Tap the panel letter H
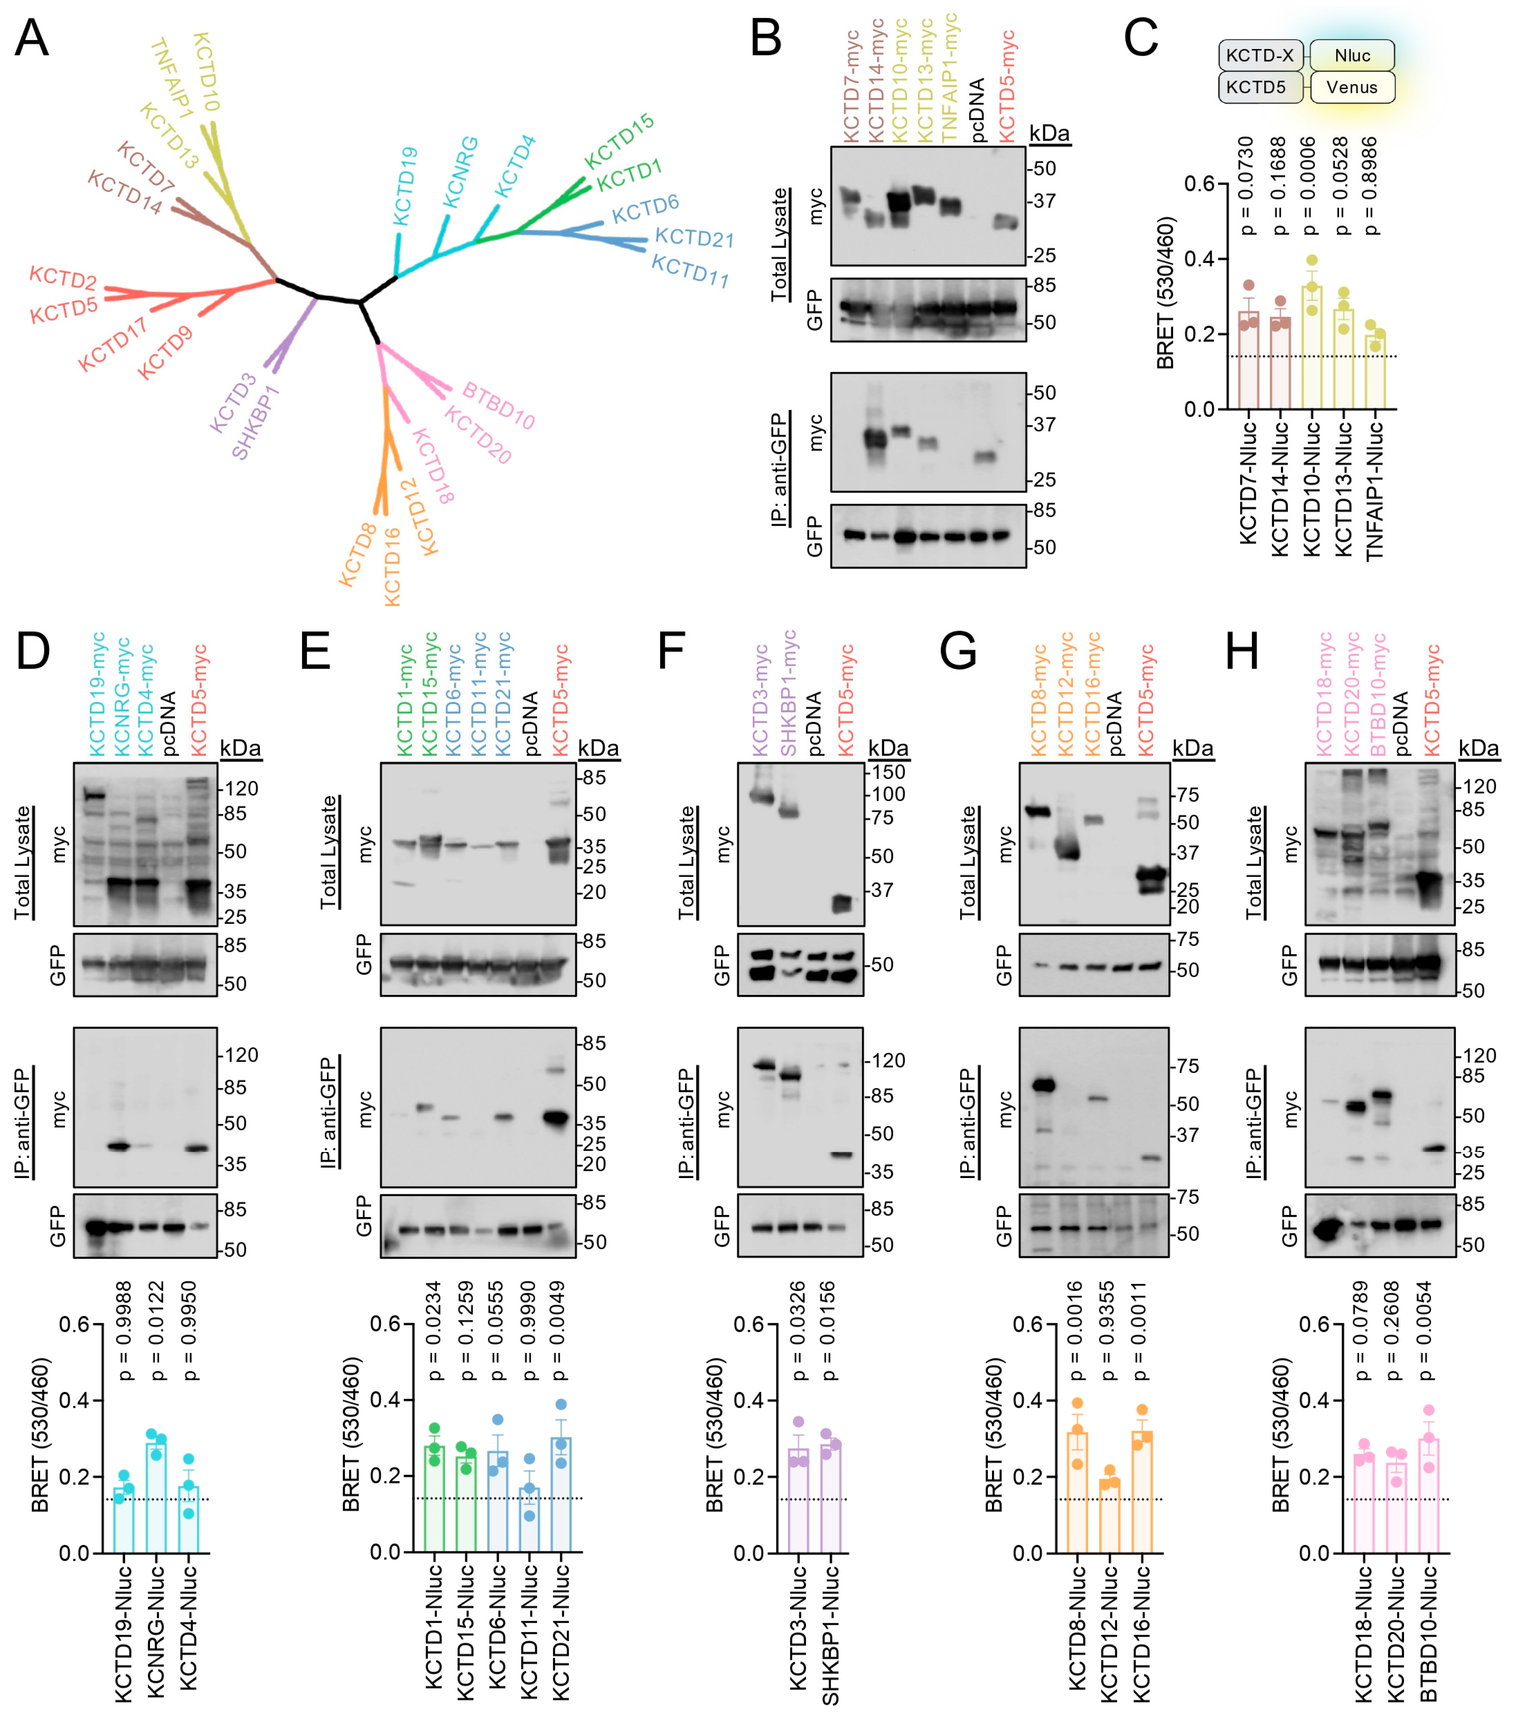tap(1242, 651)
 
